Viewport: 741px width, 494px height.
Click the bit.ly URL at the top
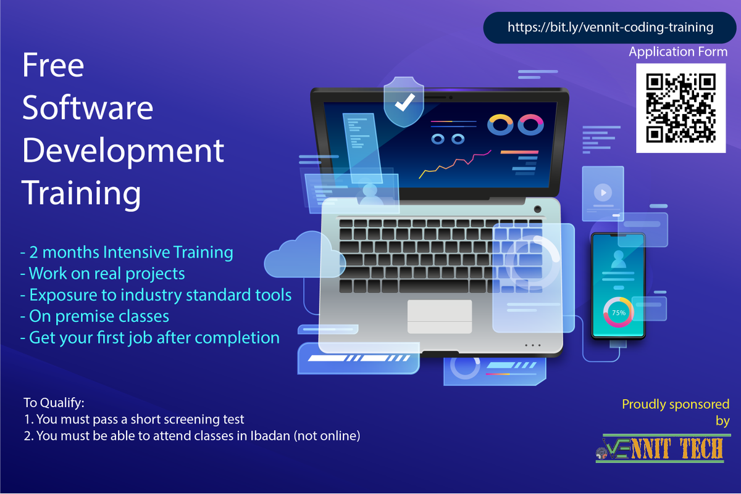click(610, 28)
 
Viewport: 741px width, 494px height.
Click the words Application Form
click(678, 52)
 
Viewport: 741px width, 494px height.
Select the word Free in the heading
click(53, 66)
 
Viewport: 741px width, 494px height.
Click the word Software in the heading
click(88, 108)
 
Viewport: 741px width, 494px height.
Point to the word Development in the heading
click(123, 151)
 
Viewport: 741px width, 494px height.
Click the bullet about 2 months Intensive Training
click(127, 252)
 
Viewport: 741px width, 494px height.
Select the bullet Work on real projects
click(103, 273)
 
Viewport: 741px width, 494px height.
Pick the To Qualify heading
click(54, 403)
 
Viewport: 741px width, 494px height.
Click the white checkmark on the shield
click(405, 102)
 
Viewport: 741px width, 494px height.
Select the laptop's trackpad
click(439, 315)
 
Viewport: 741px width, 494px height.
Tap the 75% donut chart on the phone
click(618, 313)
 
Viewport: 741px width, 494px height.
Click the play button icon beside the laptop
click(601, 193)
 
